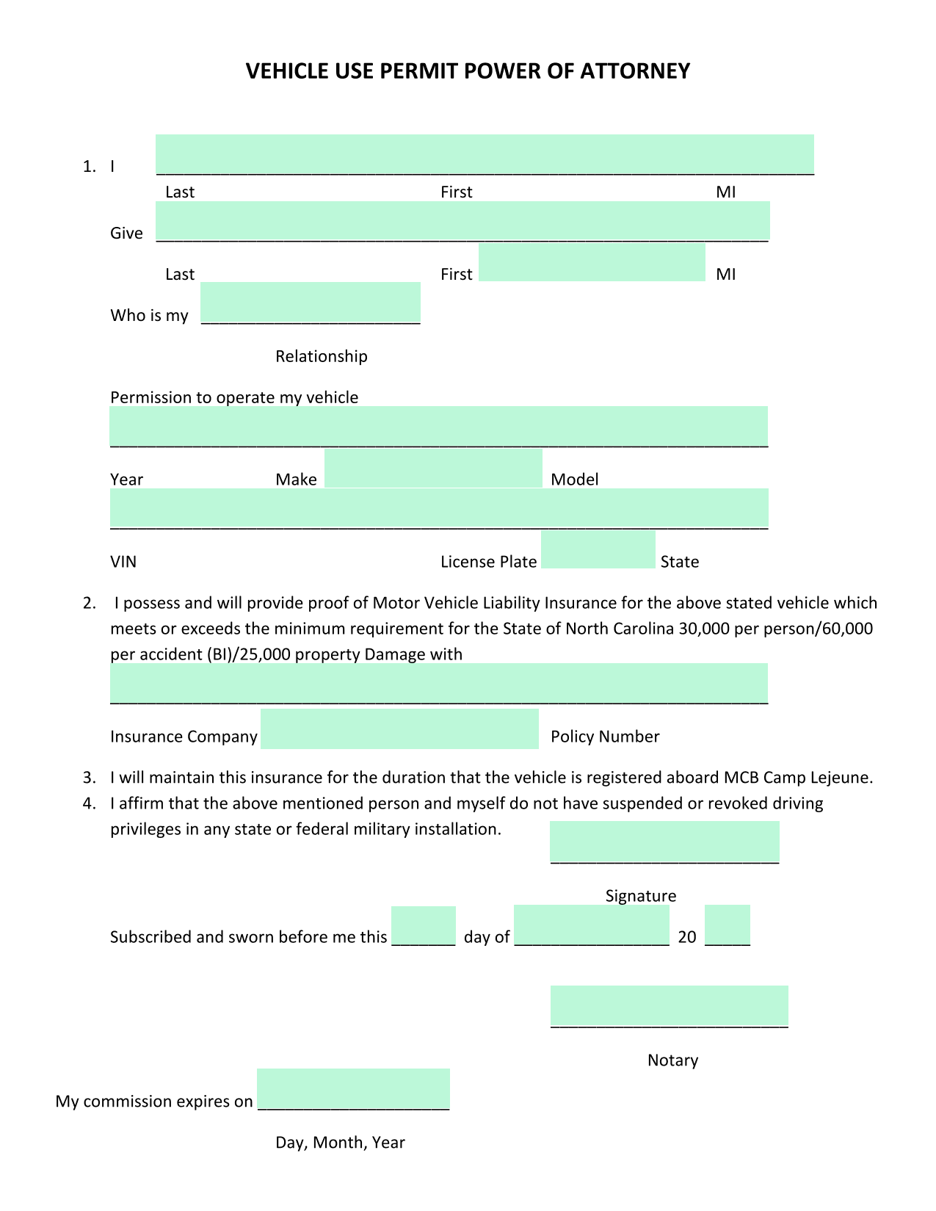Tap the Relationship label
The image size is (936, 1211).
[321, 357]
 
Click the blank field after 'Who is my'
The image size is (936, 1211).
[311, 303]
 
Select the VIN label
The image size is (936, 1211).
[123, 563]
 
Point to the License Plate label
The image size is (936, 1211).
[488, 563]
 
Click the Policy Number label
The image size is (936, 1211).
[605, 737]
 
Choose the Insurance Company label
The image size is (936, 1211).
[184, 737]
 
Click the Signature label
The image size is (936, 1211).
[640, 897]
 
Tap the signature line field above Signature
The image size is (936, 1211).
[664, 843]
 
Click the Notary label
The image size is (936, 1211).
[672, 1061]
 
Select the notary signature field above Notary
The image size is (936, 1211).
[669, 1007]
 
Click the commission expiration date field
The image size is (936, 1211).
[353, 1090]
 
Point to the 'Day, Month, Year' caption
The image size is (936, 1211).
[340, 1143]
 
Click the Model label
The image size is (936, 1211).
[575, 480]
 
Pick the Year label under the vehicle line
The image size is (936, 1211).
[126, 480]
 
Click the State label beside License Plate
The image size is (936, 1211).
[679, 563]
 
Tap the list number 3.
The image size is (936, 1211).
[89, 778]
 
